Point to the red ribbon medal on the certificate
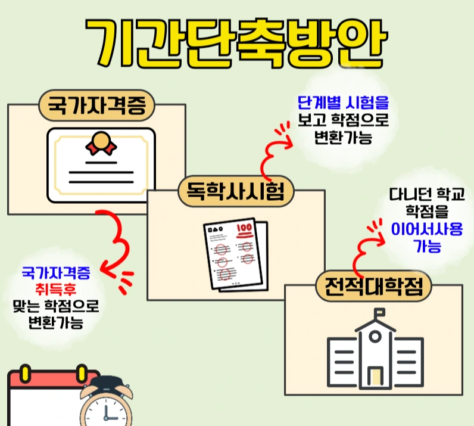tap(99, 144)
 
